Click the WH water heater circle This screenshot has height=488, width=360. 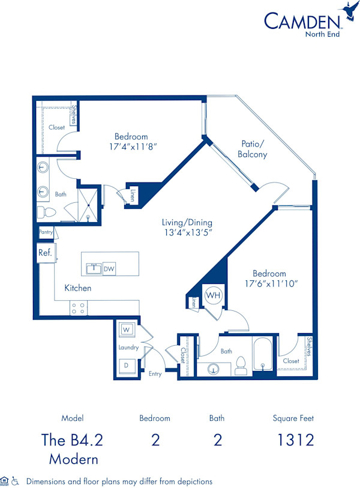(213, 296)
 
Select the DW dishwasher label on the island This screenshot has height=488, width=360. (109, 270)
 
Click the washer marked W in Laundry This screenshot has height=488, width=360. (127, 330)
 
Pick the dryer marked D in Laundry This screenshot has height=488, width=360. (127, 364)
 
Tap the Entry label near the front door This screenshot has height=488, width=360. (155, 373)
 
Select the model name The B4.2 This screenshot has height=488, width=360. (72, 440)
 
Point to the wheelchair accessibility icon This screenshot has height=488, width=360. (15, 481)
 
